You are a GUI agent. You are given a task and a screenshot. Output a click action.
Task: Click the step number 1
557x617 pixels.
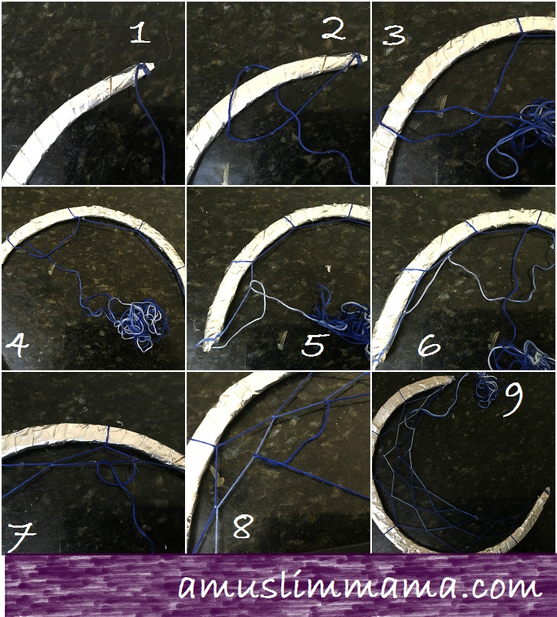coord(140,33)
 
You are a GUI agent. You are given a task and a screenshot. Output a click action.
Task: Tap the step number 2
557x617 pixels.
coord(334,29)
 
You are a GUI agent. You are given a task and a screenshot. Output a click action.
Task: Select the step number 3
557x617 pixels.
coord(394,35)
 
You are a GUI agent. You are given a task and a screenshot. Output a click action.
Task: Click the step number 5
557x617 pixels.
coord(313,345)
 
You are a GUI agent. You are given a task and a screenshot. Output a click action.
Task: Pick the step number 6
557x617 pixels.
coord(429,345)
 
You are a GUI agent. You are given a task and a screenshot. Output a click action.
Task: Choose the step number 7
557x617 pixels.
coord(20,537)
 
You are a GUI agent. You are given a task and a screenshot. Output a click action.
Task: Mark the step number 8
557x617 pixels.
coord(242,527)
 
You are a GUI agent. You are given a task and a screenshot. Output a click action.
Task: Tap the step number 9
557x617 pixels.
coord(513,399)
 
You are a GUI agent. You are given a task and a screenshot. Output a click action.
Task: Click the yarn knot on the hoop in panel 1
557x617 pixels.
coord(142,69)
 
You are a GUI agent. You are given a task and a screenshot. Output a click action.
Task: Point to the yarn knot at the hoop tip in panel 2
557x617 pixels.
coord(358,59)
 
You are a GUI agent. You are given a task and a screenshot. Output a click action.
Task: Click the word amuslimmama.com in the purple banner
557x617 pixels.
coord(359,587)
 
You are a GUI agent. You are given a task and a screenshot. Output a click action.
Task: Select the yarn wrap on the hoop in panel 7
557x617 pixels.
coord(108,435)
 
